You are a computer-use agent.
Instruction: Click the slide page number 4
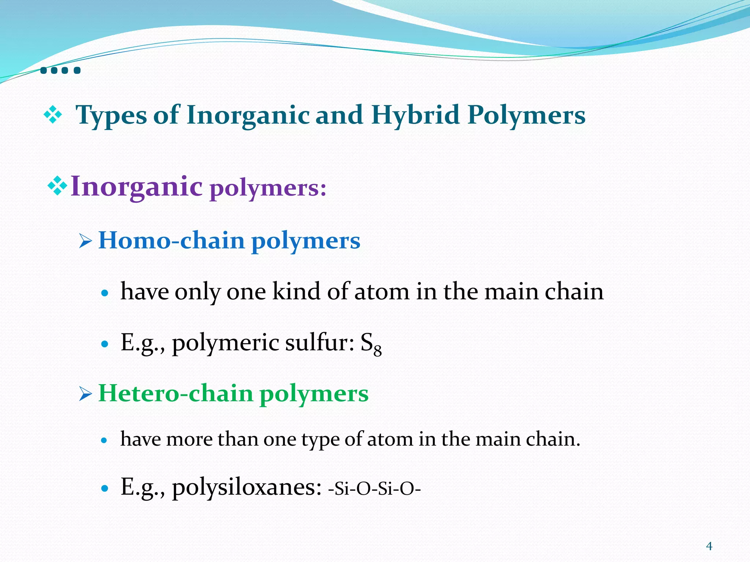[x=709, y=546]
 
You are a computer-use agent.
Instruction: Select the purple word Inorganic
[x=136, y=187]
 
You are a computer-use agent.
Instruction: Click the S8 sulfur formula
[x=371, y=344]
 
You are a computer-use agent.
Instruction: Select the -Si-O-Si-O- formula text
[x=375, y=488]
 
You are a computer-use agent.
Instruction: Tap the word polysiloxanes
[x=246, y=488]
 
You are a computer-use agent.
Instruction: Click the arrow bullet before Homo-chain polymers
[x=85, y=241]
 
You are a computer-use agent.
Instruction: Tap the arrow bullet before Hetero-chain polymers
[x=85, y=394]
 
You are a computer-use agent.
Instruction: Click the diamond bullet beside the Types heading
[x=53, y=115]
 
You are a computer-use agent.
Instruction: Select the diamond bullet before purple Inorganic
[x=57, y=186]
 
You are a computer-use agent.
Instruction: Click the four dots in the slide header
[x=60, y=70]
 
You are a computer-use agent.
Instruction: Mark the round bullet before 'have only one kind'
[x=105, y=293]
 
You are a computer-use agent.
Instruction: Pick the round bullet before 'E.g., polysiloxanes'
[x=105, y=488]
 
